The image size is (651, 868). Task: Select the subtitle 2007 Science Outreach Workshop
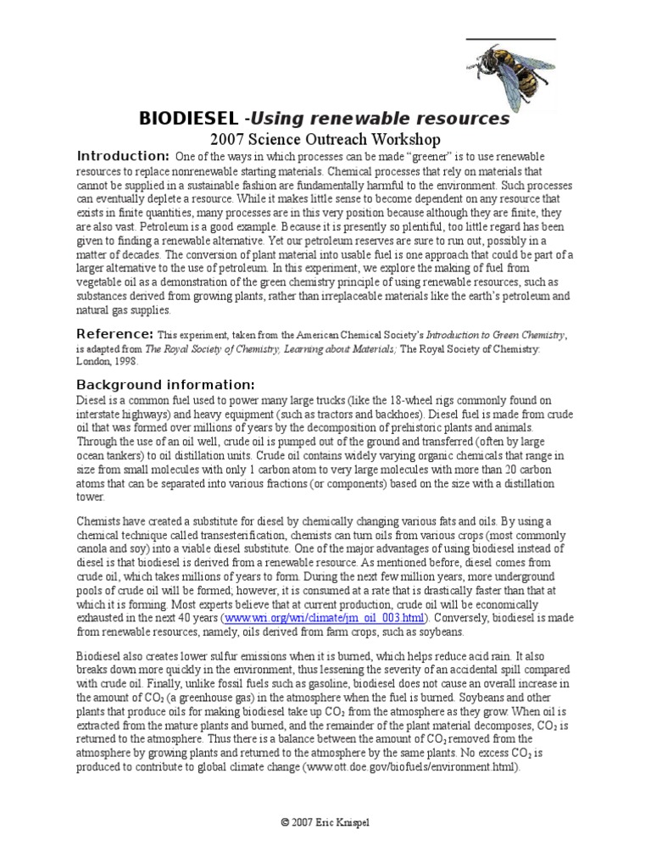[x=325, y=140]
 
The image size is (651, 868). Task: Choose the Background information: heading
[x=165, y=384]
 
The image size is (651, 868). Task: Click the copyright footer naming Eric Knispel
[x=325, y=822]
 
